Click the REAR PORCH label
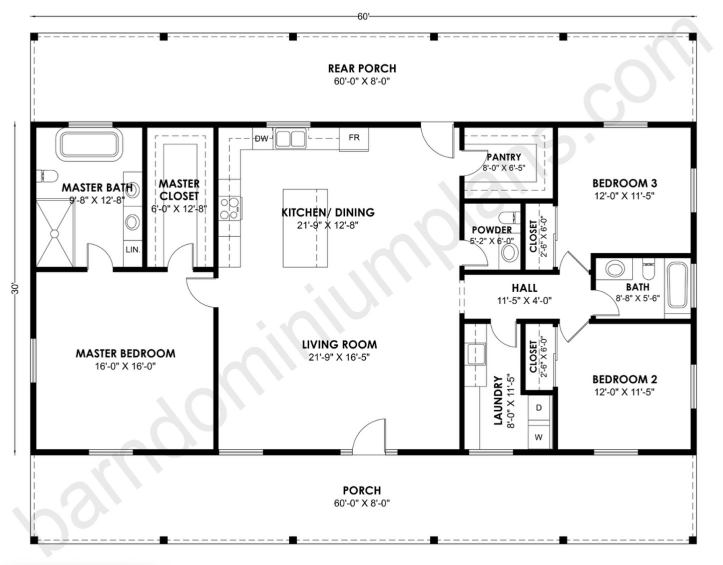click(x=362, y=68)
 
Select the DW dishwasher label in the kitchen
click(x=261, y=139)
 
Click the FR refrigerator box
click(x=354, y=138)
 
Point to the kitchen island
click(x=305, y=228)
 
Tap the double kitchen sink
click(x=290, y=139)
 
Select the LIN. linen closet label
click(x=133, y=249)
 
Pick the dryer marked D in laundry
click(x=539, y=408)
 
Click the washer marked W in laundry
click(x=539, y=437)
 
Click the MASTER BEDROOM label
click(x=126, y=353)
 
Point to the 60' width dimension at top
click(x=363, y=17)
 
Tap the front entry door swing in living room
click(x=369, y=438)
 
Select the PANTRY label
click(x=504, y=157)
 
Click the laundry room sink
click(x=475, y=354)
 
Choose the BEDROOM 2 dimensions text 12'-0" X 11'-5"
click(x=624, y=392)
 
